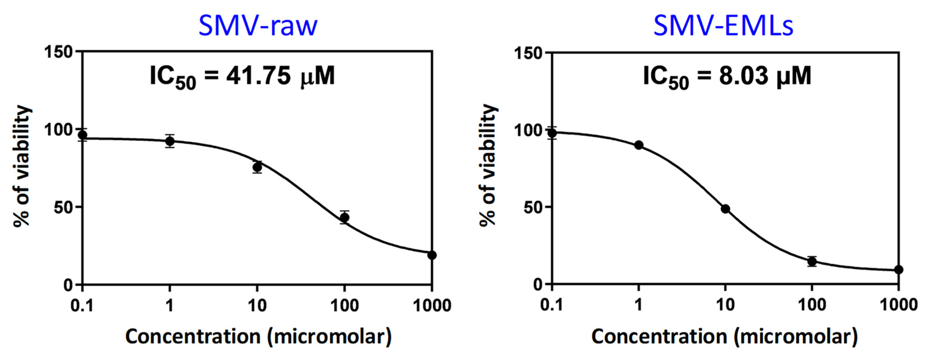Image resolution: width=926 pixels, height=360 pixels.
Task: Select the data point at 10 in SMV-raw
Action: (257, 167)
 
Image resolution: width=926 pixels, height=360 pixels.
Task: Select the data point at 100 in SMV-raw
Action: (344, 217)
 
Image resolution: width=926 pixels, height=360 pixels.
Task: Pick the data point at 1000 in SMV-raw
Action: (432, 255)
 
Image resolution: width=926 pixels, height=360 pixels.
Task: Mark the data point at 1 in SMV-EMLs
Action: (639, 145)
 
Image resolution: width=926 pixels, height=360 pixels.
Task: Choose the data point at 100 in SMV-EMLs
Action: (812, 261)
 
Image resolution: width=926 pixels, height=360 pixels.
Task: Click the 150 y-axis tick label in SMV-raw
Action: (58, 52)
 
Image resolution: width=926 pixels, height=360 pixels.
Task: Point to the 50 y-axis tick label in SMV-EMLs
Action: (533, 207)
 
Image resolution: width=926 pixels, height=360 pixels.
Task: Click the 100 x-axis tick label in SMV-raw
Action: (344, 306)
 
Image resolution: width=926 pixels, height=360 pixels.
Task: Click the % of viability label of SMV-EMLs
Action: (488, 165)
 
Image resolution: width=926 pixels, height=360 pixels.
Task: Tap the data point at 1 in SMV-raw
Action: (170, 141)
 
